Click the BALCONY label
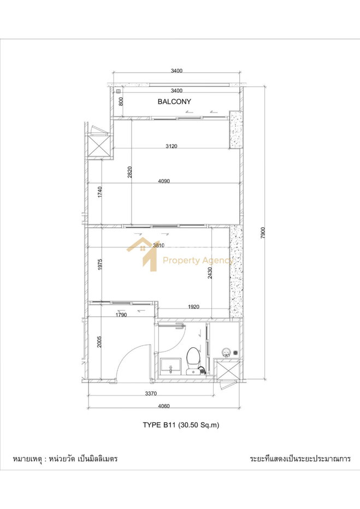pos(174,102)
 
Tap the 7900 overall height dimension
pos(263,233)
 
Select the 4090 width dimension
pos(164,181)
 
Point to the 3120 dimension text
pos(172,146)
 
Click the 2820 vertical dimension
pos(129,173)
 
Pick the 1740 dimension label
pos(100,192)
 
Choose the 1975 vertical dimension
pos(100,264)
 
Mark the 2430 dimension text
pos(210,273)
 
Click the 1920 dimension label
pos(193,307)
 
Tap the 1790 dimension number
pos(121,315)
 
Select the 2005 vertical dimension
pos(99,341)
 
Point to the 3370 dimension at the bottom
pos(151,393)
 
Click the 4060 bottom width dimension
pos(163,406)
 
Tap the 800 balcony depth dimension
pos(121,102)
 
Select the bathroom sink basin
pos(171,366)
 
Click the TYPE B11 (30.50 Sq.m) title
pos(181,425)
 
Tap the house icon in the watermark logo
pos(143,254)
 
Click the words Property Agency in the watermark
pos(198,261)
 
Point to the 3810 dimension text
pos(159,245)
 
